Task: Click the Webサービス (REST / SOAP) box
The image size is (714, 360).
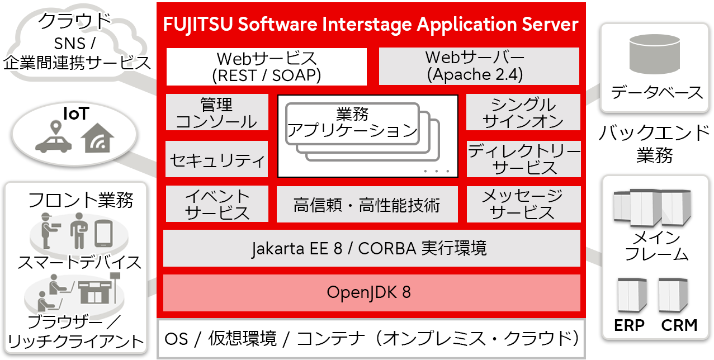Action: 266,67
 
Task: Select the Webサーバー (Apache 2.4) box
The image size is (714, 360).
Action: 479,67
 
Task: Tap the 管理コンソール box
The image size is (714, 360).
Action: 217,113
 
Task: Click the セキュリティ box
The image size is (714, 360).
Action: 217,159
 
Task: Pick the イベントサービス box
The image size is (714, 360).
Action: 217,205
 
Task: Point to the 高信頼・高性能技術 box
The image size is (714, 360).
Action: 367,205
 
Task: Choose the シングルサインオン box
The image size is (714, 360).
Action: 523,113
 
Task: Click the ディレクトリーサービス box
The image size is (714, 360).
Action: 523,159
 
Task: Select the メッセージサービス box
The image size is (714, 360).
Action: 523,205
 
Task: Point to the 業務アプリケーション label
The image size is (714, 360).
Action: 352,123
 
